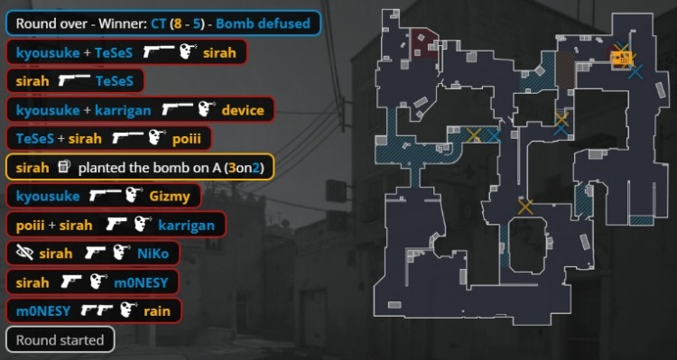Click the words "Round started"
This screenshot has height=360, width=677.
coord(60,340)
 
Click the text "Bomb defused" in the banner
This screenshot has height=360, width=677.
coord(263,23)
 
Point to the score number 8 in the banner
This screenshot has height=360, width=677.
coord(176,23)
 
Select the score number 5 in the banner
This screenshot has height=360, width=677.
coord(197,23)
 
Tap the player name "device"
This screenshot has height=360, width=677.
coord(243,110)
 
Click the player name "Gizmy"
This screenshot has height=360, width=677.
coord(170,197)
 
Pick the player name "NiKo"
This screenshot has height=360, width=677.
coord(153,254)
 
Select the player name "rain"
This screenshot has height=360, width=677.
coord(157,311)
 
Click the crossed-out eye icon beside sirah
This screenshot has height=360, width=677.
coord(24,254)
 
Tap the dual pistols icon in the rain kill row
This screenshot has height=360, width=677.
coord(97,310)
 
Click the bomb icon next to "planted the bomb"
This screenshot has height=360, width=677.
coord(63,167)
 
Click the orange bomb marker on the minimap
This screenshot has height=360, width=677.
coord(622,58)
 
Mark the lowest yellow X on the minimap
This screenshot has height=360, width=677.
coord(525,207)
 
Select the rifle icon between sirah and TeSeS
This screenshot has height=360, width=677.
coord(74,80)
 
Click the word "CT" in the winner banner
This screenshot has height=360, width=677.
coord(159,23)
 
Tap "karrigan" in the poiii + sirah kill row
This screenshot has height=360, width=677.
coord(186,226)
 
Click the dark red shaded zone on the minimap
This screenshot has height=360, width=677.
coord(424,43)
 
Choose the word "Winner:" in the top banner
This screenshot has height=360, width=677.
coord(123,23)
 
